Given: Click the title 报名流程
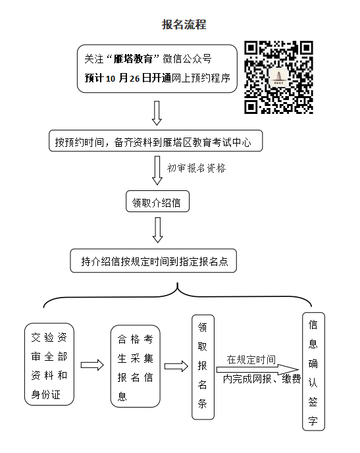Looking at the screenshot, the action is [x=184, y=24].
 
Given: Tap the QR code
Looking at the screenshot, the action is [x=278, y=77].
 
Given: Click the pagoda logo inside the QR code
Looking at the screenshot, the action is [x=278, y=77].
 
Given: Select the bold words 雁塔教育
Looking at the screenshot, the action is [x=133, y=59].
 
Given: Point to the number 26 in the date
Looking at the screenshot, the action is [x=134, y=78].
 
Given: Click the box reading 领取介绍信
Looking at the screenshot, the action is [x=158, y=201].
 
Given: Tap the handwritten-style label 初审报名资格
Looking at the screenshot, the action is [x=196, y=168].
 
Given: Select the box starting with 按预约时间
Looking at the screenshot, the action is [x=155, y=141].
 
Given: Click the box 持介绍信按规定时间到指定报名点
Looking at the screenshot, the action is [x=153, y=261].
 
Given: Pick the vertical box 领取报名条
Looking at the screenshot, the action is [x=203, y=367].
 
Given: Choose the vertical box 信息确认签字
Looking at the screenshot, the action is [x=313, y=371].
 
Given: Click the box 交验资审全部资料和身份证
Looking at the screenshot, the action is [x=49, y=364].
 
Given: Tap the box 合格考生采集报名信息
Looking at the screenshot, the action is [x=136, y=366].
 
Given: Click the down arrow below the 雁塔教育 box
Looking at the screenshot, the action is [x=157, y=113].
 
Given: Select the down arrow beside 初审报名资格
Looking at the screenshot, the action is [x=157, y=171].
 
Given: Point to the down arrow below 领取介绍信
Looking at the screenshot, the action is [x=158, y=230].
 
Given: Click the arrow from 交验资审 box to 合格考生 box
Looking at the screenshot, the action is [x=92, y=365].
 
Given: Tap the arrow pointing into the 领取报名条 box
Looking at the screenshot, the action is [x=176, y=366].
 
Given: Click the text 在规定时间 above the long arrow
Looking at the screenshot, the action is [x=251, y=360].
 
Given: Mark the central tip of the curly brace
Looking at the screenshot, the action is [x=178, y=283].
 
